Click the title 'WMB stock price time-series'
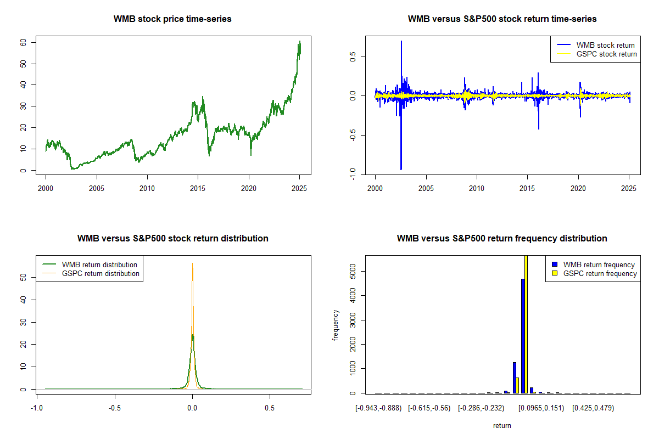tap(172, 19)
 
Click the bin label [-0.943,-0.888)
tap(378, 408)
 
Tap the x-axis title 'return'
tap(502, 425)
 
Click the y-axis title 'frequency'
tap(335, 325)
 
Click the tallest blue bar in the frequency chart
tap(523, 336)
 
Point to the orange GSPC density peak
tap(192, 263)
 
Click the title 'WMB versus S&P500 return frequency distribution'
tap(502, 238)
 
